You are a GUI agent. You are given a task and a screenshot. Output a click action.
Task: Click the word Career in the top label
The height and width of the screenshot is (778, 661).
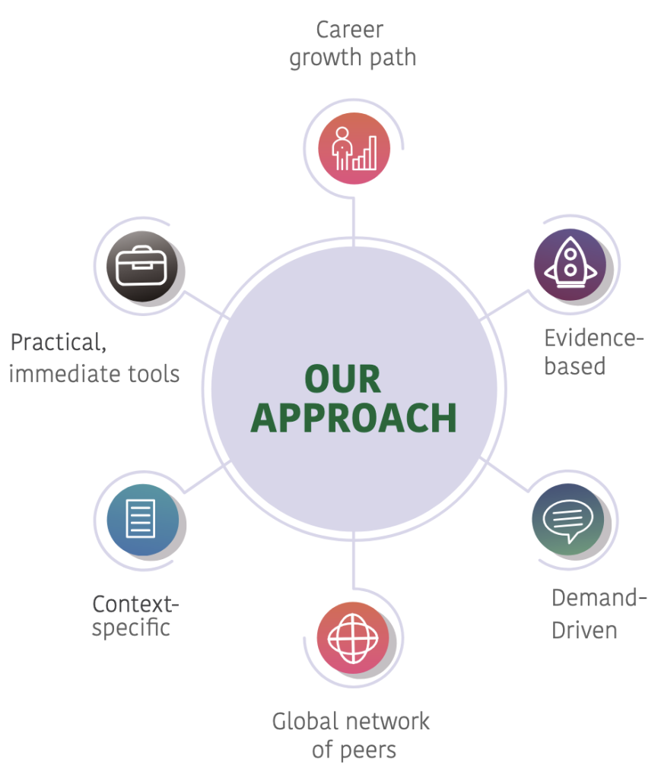click(350, 30)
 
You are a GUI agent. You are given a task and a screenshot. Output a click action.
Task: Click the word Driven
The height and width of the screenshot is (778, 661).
click(584, 630)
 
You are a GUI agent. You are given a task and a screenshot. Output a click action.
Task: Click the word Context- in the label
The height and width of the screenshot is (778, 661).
click(135, 604)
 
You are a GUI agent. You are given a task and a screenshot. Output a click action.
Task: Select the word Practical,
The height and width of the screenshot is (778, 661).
click(58, 343)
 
